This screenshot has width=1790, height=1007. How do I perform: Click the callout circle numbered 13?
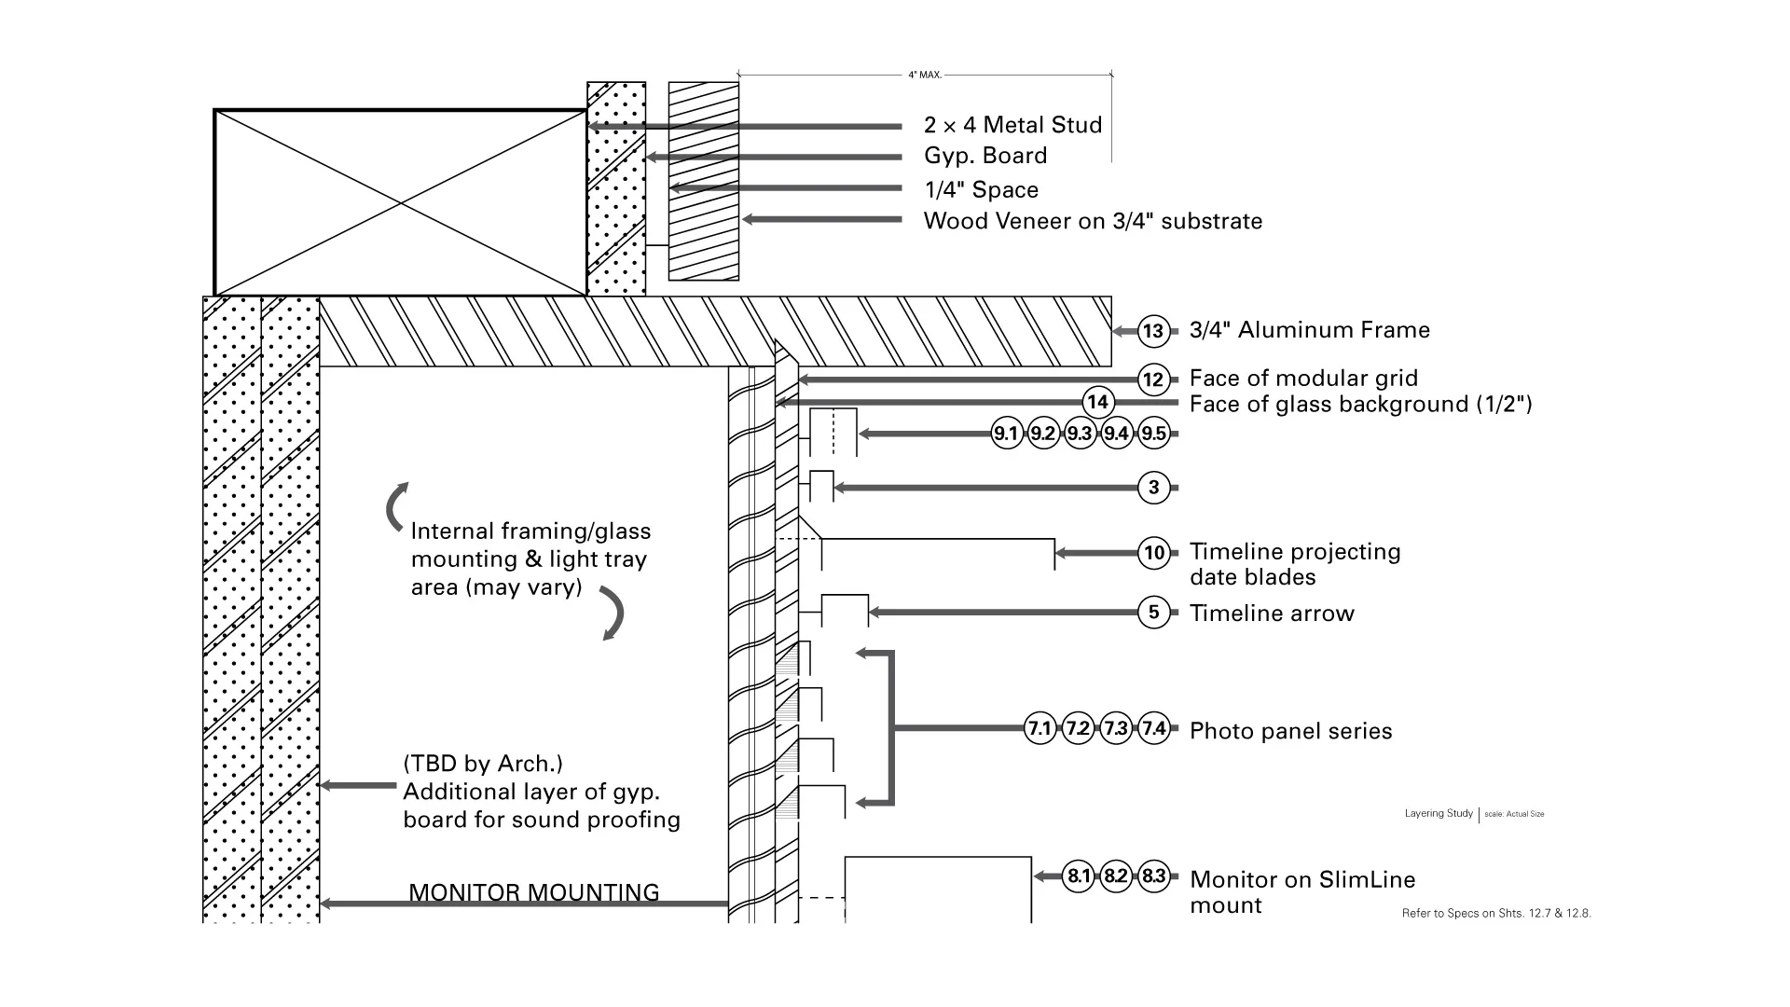pos(1153,331)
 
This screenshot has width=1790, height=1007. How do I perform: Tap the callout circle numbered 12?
pos(1153,379)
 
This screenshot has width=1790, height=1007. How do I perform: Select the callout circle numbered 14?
pos(1098,402)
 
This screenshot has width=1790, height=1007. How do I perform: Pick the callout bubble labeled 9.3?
pos(1080,434)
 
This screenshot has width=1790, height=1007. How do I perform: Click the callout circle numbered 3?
pos(1154,488)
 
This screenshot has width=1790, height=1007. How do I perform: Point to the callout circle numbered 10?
pos(1154,553)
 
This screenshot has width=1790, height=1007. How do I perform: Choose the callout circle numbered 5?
pos(1154,613)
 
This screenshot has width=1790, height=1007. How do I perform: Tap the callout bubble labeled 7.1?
pos(1040,728)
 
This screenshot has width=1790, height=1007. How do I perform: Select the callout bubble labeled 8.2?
pos(1116,876)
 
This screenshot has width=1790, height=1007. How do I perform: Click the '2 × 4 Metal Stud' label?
pos(1013,125)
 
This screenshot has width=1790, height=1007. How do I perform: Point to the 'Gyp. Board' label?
pos(985,156)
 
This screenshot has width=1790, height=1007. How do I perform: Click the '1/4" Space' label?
pos(981,190)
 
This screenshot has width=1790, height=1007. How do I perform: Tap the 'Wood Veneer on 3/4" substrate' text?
pos(1093,221)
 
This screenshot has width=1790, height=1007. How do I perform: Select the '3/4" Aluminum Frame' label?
pos(1310,330)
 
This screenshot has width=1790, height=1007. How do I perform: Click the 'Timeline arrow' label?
pos(1272,614)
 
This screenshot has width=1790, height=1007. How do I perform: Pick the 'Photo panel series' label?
pos(1291,731)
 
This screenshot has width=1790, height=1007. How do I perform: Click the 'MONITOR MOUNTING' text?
pos(534,892)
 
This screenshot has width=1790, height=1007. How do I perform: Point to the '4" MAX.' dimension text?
pos(925,75)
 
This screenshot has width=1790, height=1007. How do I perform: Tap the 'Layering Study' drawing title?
pos(1439,813)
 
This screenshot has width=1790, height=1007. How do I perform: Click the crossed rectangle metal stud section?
pos(401,202)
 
